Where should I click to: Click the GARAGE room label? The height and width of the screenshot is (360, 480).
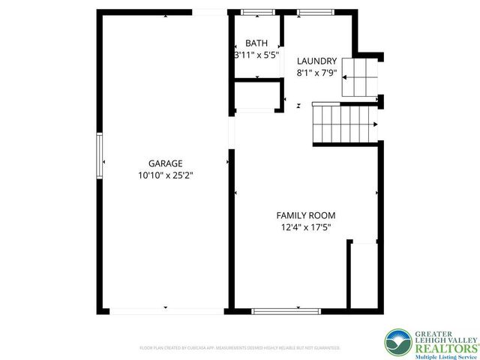(165, 163)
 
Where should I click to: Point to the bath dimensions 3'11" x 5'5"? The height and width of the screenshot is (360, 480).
(256, 55)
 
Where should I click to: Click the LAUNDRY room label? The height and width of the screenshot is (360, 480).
(316, 61)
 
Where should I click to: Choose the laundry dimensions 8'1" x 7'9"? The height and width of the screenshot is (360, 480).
(316, 73)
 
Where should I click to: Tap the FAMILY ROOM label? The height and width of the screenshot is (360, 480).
(306, 215)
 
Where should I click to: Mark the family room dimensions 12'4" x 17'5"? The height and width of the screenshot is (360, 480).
(306, 226)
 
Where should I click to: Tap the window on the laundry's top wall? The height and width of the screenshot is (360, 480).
(307, 12)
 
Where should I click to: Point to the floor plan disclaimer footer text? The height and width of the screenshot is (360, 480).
(240, 348)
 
